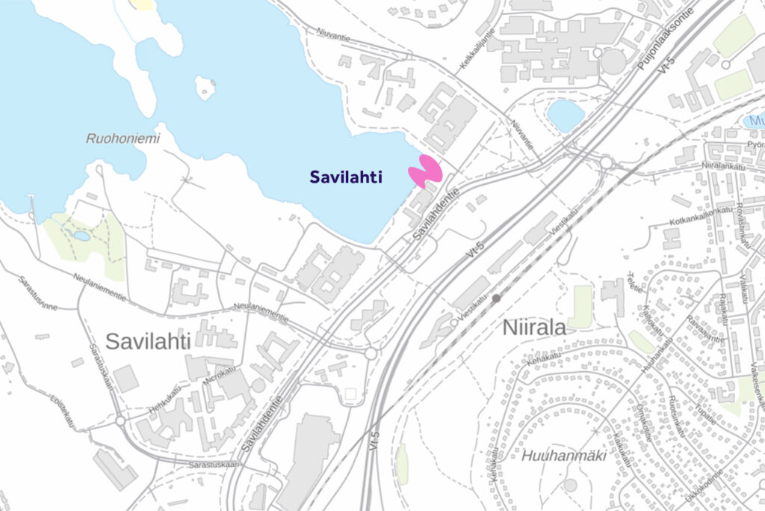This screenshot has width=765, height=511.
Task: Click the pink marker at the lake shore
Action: [427, 171]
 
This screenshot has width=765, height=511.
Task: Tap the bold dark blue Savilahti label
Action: [346, 177]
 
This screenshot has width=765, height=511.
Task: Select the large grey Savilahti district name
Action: [148, 342]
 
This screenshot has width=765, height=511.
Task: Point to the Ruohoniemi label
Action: [114, 138]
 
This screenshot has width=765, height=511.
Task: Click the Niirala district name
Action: [534, 328]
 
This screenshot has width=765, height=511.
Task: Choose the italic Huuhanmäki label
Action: [553, 455]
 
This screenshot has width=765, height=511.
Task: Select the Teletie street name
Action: [634, 287]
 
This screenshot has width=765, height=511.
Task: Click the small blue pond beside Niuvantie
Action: [566, 115]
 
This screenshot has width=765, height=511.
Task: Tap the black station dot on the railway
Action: [496, 299]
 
